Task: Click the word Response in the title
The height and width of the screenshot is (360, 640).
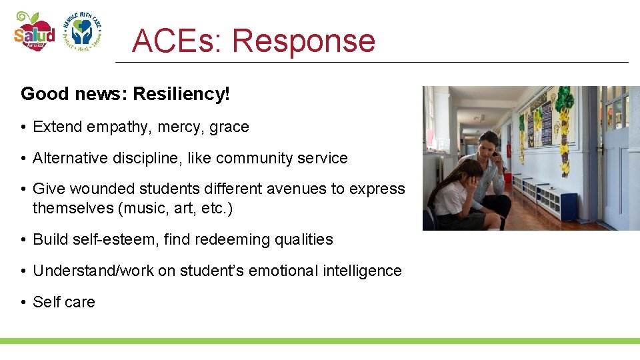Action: (303, 41)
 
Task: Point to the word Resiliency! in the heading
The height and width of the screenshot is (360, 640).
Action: (181, 94)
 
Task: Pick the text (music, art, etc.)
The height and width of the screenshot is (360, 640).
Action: (175, 208)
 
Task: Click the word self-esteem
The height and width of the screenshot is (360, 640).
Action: (115, 239)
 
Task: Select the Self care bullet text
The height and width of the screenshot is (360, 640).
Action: (64, 302)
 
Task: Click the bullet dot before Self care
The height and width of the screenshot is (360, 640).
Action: (23, 303)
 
